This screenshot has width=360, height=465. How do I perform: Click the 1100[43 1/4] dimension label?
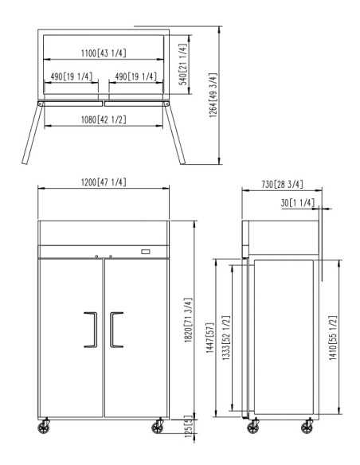pos(104,53)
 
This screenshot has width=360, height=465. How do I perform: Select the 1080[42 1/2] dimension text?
pos(104,119)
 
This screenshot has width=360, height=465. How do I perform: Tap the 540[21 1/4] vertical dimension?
pos(183,64)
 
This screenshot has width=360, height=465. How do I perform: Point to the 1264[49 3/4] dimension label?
pos(213,96)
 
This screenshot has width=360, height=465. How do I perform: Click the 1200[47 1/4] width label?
pos(104,182)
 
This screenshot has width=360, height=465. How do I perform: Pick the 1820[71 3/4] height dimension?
pos(188,320)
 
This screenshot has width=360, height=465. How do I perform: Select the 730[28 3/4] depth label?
pos(282,184)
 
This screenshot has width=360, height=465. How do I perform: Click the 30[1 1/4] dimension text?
pos(297,203)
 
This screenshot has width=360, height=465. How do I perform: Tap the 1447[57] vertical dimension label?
pos(209,338)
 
